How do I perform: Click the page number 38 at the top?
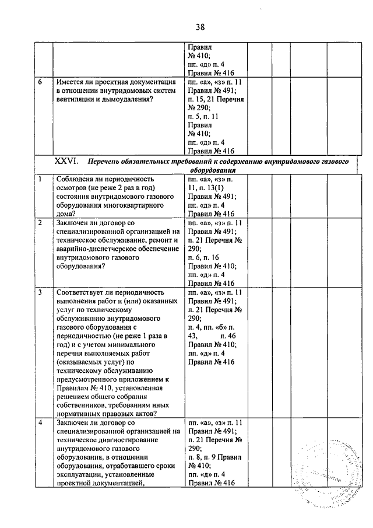coord(200,26)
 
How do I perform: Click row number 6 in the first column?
coord(40,83)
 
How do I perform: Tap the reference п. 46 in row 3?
coord(228,336)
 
